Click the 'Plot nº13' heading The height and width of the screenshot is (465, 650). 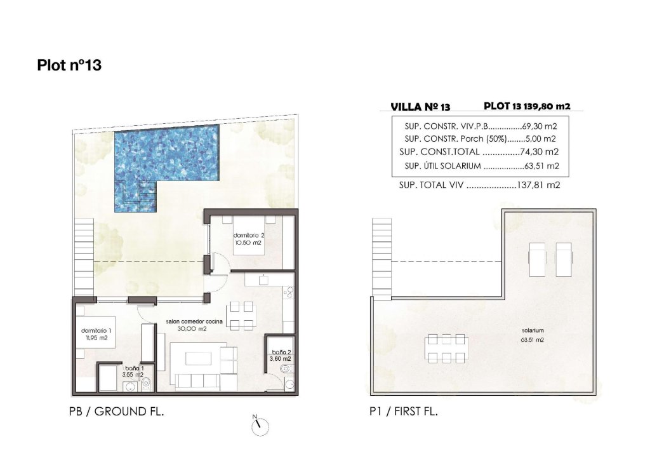pyautogui.click(x=70, y=65)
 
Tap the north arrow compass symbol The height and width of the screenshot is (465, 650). pyautogui.click(x=260, y=426)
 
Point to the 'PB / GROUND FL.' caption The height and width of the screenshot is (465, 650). pyautogui.click(x=116, y=412)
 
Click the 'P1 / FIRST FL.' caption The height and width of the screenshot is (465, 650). pyautogui.click(x=404, y=412)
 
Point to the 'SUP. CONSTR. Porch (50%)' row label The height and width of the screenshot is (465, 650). pyautogui.click(x=455, y=139)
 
